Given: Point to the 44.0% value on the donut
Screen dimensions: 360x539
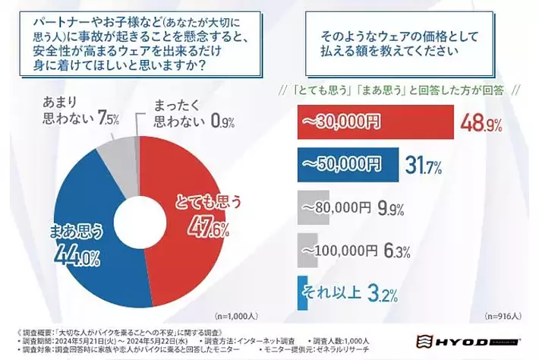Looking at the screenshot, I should pos(76,256).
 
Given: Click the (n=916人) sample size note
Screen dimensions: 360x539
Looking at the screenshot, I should pos(500,315).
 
